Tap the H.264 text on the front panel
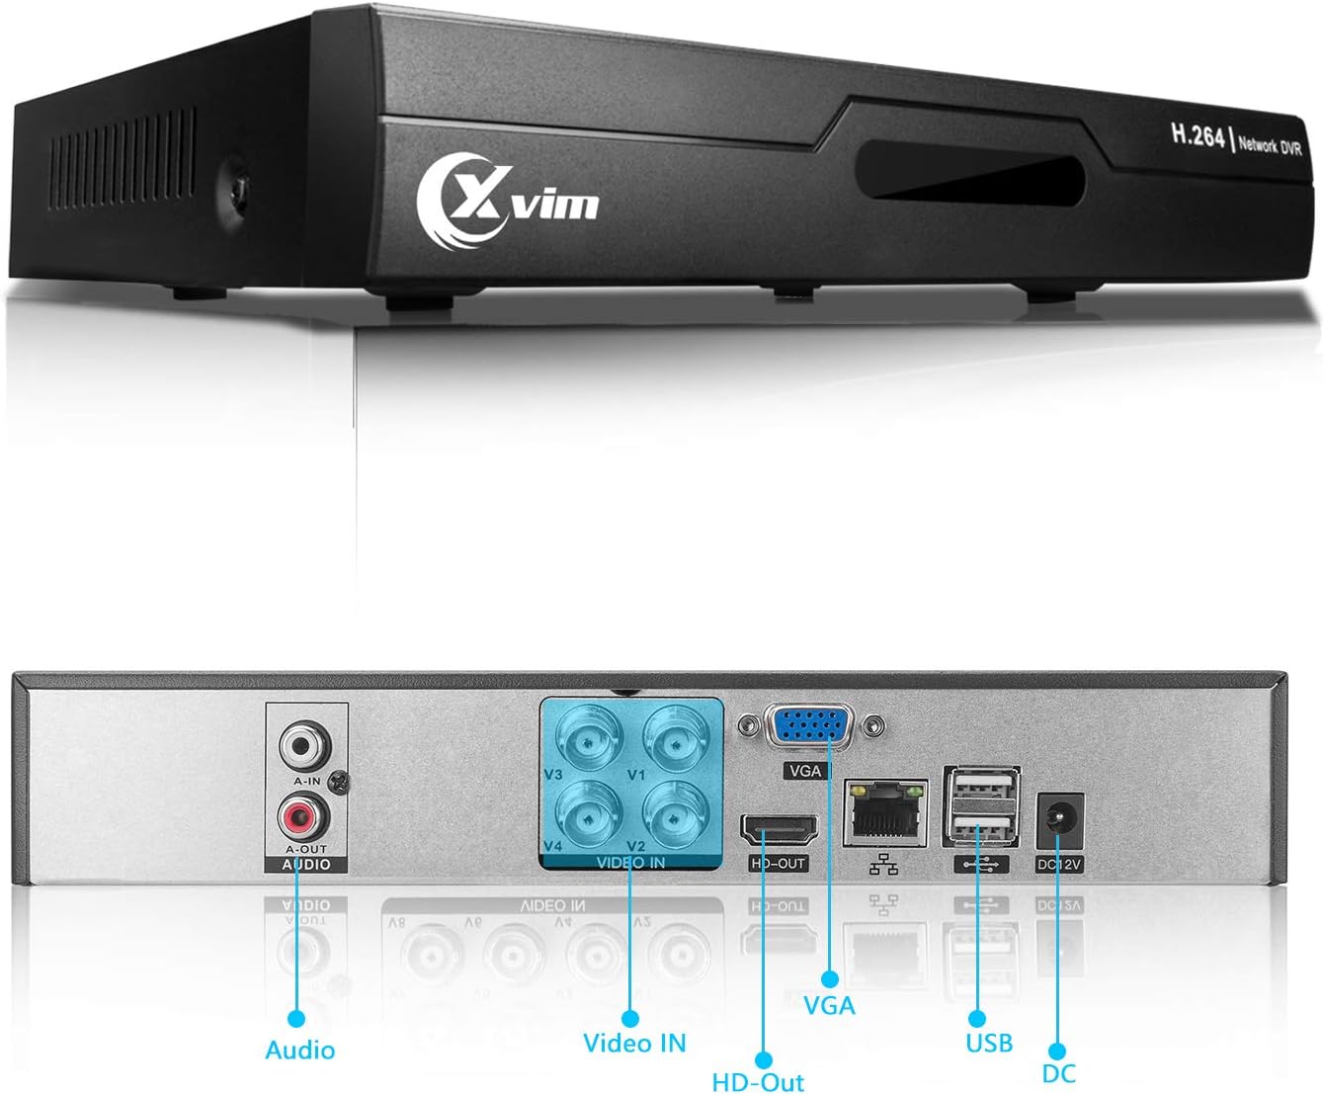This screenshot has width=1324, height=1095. tap(1198, 135)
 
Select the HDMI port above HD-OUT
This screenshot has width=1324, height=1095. tap(779, 831)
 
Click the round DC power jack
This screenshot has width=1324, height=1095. tap(1058, 820)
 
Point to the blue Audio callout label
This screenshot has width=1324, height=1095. tap(299, 1050)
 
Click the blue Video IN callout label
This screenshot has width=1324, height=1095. tap(633, 1043)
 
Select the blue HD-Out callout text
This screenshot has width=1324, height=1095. tap(758, 1082)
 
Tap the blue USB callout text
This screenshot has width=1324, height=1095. tap(988, 1043)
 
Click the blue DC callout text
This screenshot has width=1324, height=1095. tap(1058, 1073)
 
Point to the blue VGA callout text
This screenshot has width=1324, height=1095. tap(829, 1006)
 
